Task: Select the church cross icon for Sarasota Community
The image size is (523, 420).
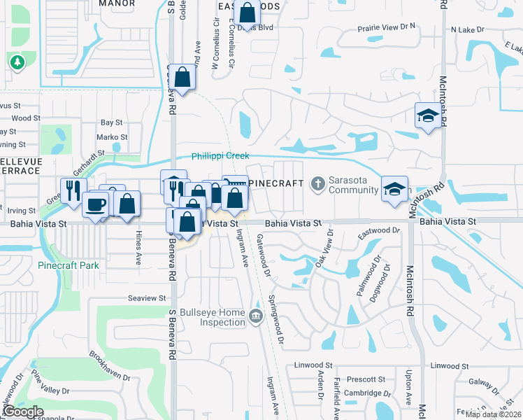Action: (317, 183)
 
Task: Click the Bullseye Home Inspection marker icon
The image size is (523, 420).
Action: (257, 313)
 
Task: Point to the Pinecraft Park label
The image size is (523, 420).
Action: (69, 265)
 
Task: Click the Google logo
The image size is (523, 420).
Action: (22, 412)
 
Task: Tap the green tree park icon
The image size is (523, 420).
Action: (17, 63)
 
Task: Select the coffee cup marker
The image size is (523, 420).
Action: (95, 204)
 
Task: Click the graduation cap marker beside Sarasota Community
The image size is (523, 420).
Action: (394, 188)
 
